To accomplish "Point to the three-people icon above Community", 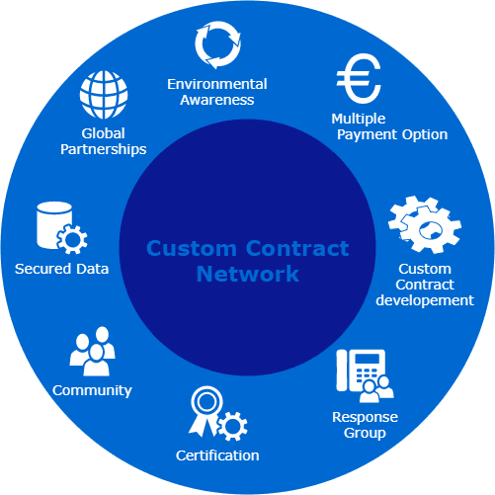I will point(92,351).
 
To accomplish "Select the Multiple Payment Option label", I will point(389,126).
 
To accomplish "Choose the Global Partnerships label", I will point(102,142).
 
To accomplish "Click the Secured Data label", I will point(61,268).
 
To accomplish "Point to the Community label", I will point(92,389).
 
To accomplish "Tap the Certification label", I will point(217,455).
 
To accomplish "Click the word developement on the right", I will point(425,300).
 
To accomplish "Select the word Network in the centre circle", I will point(247,274).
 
